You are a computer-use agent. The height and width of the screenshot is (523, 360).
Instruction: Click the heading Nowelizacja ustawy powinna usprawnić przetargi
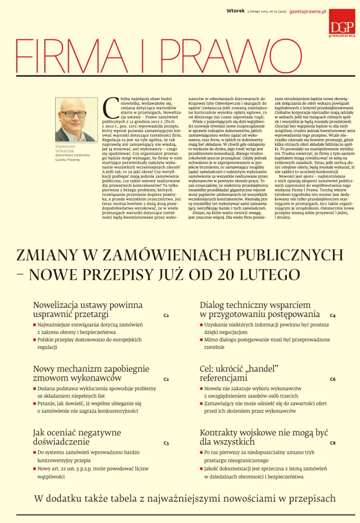[x=88, y=310]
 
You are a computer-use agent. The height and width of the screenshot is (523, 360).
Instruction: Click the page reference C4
[x=332, y=316]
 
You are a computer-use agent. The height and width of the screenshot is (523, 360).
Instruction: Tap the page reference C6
[x=332, y=379]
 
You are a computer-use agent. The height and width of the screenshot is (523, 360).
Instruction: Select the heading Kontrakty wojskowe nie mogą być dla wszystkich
[x=264, y=437]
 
